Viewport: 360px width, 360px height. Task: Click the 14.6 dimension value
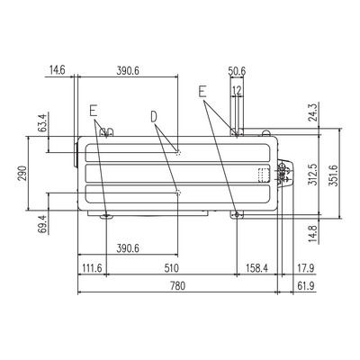(58, 71)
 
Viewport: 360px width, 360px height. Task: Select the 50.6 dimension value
(237, 71)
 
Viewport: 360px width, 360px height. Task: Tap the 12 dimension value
(237, 90)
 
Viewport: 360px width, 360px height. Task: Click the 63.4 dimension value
(43, 122)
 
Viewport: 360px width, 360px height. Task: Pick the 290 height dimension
(22, 174)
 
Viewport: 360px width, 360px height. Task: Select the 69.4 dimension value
(43, 224)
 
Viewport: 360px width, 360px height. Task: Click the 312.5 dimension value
(312, 175)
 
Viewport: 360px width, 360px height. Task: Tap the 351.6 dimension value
(333, 175)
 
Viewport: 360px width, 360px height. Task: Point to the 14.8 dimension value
(312, 234)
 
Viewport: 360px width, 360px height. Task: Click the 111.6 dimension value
(92, 268)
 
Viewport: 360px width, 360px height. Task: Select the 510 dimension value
(171, 268)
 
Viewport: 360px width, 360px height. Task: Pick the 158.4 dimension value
(256, 268)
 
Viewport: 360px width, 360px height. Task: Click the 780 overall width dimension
(177, 286)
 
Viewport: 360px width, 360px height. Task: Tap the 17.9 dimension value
(306, 268)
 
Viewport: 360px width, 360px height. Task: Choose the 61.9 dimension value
(306, 286)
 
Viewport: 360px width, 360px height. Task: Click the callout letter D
(154, 117)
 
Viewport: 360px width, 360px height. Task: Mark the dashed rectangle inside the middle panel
(264, 175)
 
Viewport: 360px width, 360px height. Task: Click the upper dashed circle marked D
(178, 152)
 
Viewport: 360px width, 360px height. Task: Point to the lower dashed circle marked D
(178, 193)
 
